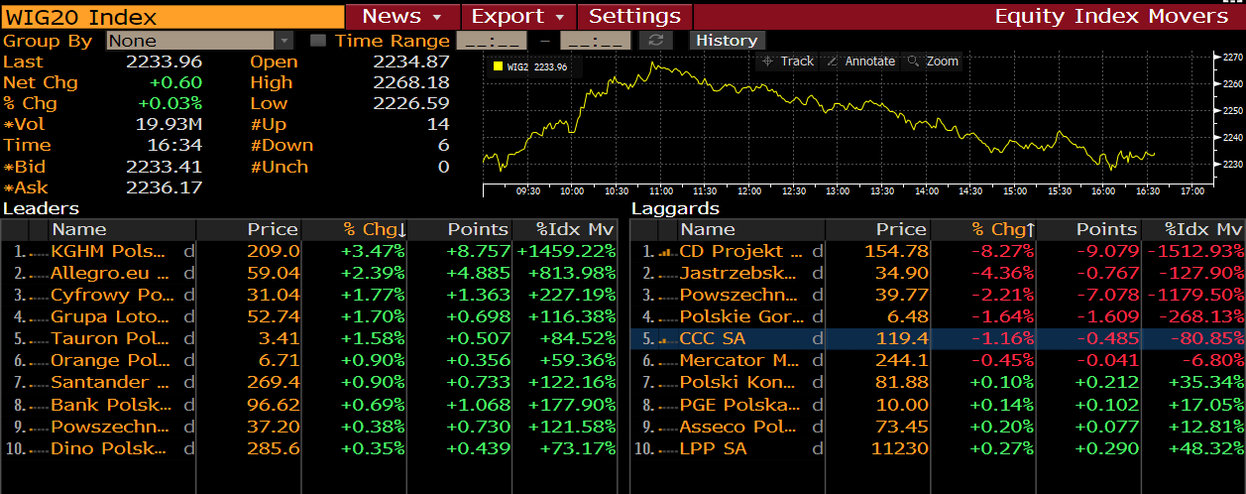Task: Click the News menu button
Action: click(x=402, y=16)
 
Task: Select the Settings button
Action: click(x=634, y=16)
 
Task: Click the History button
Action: click(x=727, y=41)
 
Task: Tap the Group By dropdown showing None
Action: click(x=199, y=41)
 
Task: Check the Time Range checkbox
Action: click(x=317, y=41)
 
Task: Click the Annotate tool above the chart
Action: click(x=861, y=62)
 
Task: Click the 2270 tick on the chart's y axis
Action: click(x=1229, y=58)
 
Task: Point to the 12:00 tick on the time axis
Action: click(x=748, y=189)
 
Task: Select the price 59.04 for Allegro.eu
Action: click(x=273, y=273)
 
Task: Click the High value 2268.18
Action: click(x=410, y=82)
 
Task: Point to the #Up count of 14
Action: click(x=438, y=124)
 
